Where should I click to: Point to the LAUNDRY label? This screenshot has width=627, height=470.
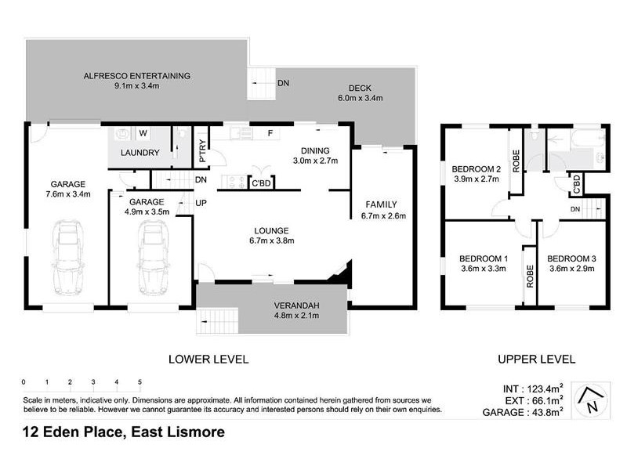(141, 153)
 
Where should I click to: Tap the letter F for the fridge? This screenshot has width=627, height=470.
(270, 133)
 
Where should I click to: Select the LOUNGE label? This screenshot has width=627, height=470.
(271, 230)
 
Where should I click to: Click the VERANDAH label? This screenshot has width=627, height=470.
(294, 305)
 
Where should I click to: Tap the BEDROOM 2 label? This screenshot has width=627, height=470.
(476, 168)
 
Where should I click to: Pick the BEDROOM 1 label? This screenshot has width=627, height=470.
(483, 258)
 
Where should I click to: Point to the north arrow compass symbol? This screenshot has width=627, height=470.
(591, 401)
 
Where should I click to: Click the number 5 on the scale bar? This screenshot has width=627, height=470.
(140, 382)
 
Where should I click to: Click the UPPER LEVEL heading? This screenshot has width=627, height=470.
(537, 360)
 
